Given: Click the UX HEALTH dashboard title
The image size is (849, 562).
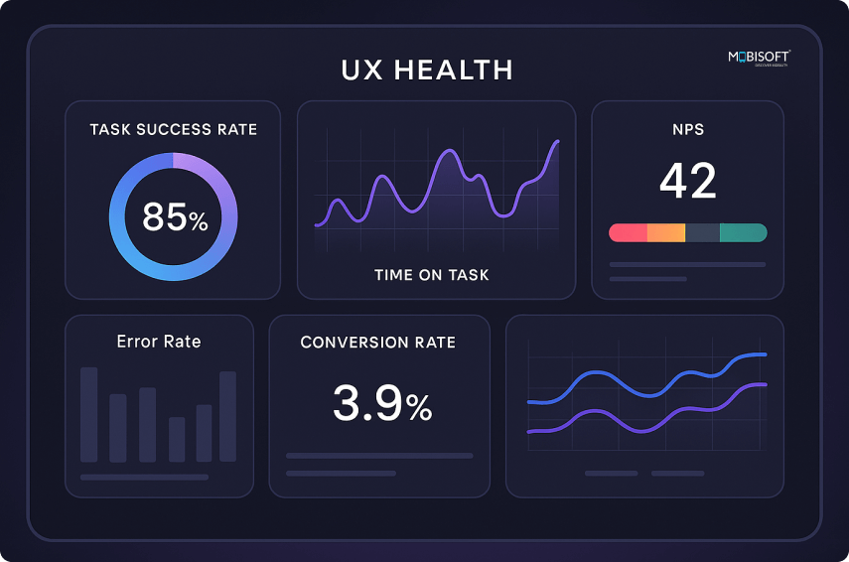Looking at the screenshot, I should [x=427, y=70].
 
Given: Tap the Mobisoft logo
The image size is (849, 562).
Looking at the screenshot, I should [x=758, y=58].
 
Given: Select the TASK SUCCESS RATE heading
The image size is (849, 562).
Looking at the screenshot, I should [x=173, y=130].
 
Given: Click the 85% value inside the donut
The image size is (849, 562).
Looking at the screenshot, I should [x=175, y=216].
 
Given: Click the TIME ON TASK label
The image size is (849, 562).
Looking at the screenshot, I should [x=431, y=275].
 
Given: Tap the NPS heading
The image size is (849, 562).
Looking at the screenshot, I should [x=687, y=130].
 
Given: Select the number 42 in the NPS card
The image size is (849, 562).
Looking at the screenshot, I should [x=687, y=181].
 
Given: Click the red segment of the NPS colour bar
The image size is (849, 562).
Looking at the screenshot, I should [x=629, y=232].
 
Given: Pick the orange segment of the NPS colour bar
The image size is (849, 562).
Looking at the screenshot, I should [x=665, y=232].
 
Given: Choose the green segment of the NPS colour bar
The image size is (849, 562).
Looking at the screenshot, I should [x=743, y=232].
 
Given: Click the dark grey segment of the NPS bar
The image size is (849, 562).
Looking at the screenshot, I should [x=702, y=232].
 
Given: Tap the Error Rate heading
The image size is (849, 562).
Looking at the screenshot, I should [x=159, y=342].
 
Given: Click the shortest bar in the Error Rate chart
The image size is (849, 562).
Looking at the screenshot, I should [x=177, y=439].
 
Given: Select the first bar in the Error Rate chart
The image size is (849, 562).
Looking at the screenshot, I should [x=89, y=414].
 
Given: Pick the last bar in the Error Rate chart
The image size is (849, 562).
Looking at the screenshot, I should [x=227, y=416].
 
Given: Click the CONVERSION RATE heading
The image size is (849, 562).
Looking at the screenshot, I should [x=378, y=343].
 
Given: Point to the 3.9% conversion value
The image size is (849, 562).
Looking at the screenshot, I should [x=381, y=403].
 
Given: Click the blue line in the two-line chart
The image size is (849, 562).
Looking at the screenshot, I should [x=596, y=375].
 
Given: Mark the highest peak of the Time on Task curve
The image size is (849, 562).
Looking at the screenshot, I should [x=557, y=142].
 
